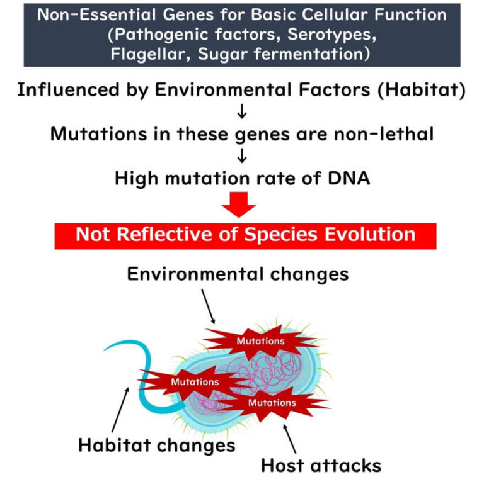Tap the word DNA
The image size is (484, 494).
tap(345, 178)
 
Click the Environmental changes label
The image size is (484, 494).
tap(238, 274)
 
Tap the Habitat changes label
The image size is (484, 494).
tap(156, 446)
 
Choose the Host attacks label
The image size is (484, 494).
tap(321, 466)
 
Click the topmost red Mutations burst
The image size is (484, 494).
tap(260, 341)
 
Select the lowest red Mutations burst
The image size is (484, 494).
tap(272, 402)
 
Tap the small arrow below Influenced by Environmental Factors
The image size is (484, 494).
tap(242, 113)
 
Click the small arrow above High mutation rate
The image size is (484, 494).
tap(242, 157)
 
